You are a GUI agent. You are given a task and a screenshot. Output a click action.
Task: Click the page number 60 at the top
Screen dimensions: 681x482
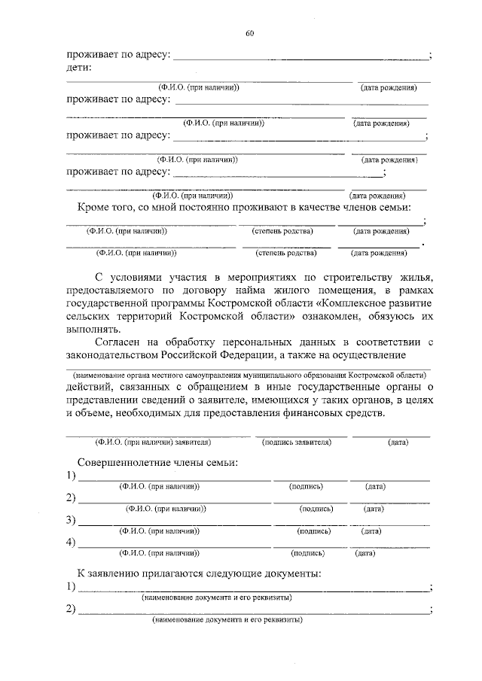pyautogui.click(x=250, y=32)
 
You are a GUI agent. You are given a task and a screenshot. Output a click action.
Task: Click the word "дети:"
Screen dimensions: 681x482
pyautogui.click(x=79, y=68)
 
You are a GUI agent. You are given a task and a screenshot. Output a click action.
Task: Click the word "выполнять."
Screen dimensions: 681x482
pyautogui.click(x=92, y=330)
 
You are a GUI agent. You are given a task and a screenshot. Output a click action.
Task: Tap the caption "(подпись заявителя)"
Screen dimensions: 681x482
pyautogui.click(x=297, y=442)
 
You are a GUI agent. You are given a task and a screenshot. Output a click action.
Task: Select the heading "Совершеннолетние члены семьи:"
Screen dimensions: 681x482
pyautogui.click(x=157, y=462)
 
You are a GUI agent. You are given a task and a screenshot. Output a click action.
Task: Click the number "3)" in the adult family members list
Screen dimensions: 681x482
pyautogui.click(x=72, y=520)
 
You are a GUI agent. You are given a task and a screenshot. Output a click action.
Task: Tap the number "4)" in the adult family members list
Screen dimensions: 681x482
pyautogui.click(x=72, y=542)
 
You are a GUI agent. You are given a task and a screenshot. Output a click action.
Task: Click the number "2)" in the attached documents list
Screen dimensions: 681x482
pyautogui.click(x=72, y=609)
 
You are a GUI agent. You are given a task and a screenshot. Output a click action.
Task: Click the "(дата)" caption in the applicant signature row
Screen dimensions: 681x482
pyautogui.click(x=398, y=442)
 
